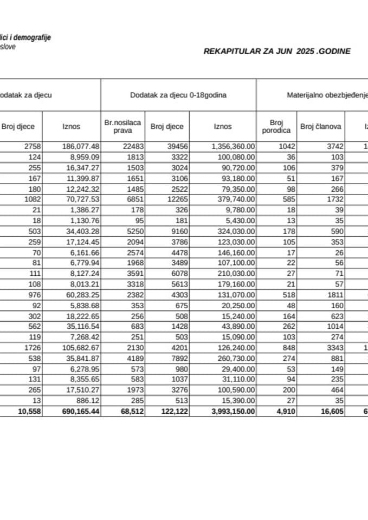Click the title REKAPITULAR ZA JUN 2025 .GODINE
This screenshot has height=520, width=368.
point(276,51)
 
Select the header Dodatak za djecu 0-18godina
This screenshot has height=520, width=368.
point(178,95)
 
